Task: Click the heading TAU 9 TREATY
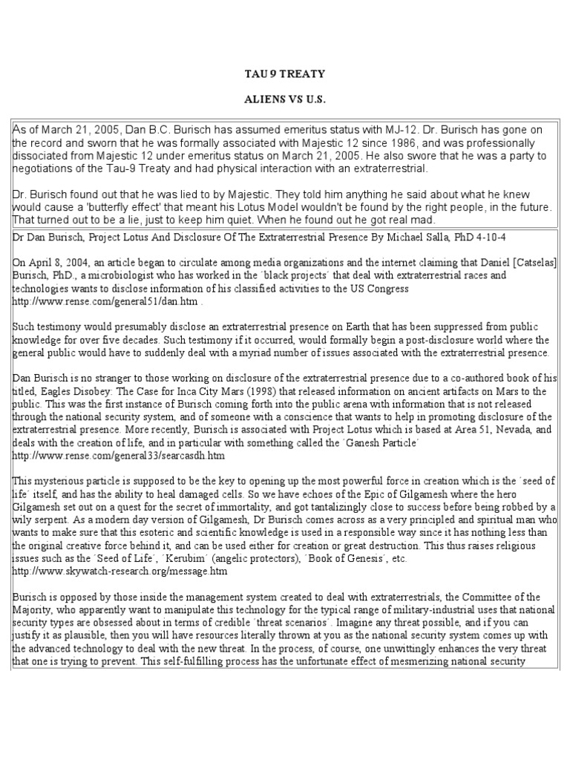tap(284, 74)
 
